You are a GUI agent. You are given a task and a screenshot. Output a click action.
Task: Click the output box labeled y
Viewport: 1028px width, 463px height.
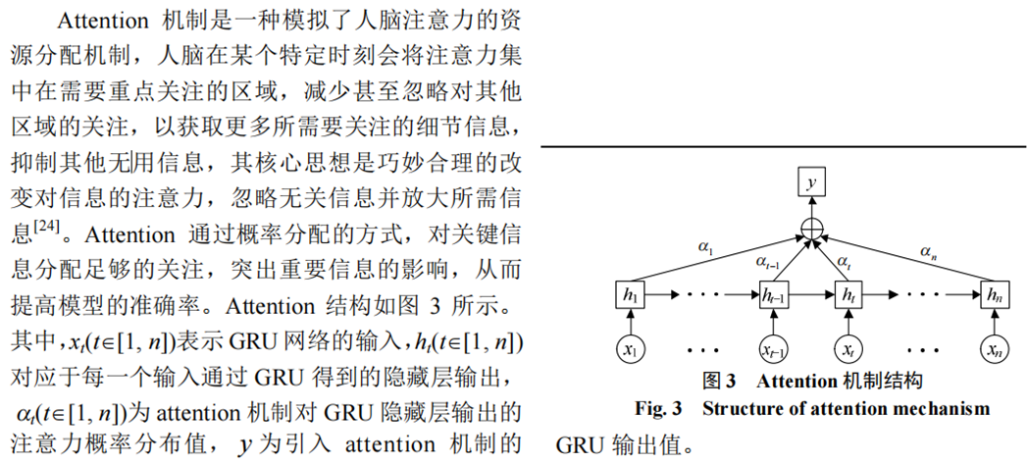[810, 182]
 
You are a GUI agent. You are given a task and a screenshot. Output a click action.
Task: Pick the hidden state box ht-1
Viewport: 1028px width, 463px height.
[776, 292]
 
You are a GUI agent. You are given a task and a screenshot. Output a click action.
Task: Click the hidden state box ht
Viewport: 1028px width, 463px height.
[846, 292]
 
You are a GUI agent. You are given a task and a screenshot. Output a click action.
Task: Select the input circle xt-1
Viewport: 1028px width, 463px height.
[776, 347]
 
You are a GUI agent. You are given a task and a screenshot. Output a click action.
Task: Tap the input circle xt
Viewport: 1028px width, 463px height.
[846, 347]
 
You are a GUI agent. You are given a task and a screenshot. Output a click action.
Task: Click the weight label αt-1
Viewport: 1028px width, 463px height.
[769, 260]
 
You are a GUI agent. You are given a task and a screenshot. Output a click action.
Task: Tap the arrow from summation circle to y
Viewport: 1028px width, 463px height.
[810, 207]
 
